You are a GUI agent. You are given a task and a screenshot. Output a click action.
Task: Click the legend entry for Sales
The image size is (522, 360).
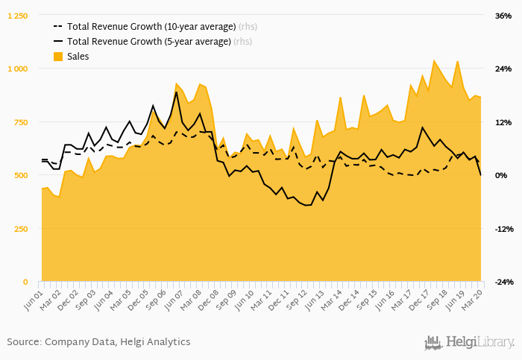point(78,57)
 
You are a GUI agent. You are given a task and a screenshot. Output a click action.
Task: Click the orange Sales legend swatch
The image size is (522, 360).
point(57,57)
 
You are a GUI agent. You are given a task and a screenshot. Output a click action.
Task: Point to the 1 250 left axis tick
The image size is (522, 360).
point(17,16)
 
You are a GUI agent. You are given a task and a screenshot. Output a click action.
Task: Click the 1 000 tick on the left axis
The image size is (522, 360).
point(17,69)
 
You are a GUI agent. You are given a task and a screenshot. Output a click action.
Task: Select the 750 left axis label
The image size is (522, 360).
point(20,122)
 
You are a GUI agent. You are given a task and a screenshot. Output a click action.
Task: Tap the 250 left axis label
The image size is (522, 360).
point(20,229)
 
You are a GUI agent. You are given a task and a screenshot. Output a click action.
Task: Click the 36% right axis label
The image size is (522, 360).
point(503,16)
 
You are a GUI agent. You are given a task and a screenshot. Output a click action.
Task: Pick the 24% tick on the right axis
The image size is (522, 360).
point(503,69)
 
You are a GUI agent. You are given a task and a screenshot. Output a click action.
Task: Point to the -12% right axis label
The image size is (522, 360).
point(503,229)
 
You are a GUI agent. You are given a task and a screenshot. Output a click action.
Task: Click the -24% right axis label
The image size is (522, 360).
point(503,282)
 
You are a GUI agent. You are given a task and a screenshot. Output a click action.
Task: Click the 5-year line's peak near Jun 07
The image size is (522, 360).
point(177,92)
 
